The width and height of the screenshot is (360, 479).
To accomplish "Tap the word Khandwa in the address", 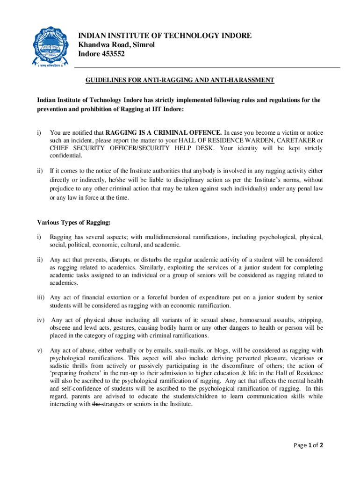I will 93,45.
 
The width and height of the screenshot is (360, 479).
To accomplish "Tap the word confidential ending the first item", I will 66,156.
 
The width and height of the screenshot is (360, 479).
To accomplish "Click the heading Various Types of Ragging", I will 74,222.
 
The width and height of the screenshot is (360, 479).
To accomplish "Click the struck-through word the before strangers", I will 97,404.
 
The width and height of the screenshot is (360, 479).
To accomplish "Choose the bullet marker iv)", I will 40,320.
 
